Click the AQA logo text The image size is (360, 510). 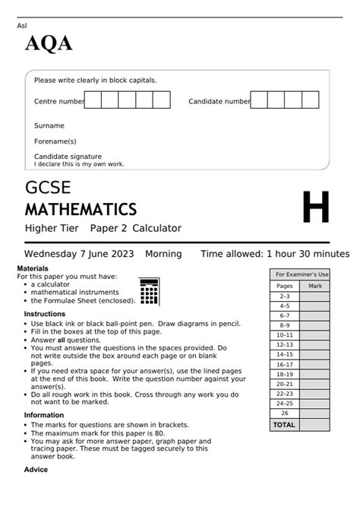coord(49,45)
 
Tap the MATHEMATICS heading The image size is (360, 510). coord(81,209)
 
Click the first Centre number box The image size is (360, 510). coord(93,100)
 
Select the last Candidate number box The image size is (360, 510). coord(310,100)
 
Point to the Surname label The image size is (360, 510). coord(49,125)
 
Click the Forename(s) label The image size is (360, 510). coord(55,141)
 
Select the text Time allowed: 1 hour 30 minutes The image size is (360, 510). coord(274,254)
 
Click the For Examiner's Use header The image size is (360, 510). coord(302,274)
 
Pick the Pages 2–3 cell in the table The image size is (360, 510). coord(285,296)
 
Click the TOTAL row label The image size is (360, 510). coord(284,425)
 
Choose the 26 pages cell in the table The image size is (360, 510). coord(285,413)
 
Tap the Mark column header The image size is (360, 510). coord(315,286)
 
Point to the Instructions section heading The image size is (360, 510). coord(45,314)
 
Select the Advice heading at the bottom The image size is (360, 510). coord(36,470)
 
